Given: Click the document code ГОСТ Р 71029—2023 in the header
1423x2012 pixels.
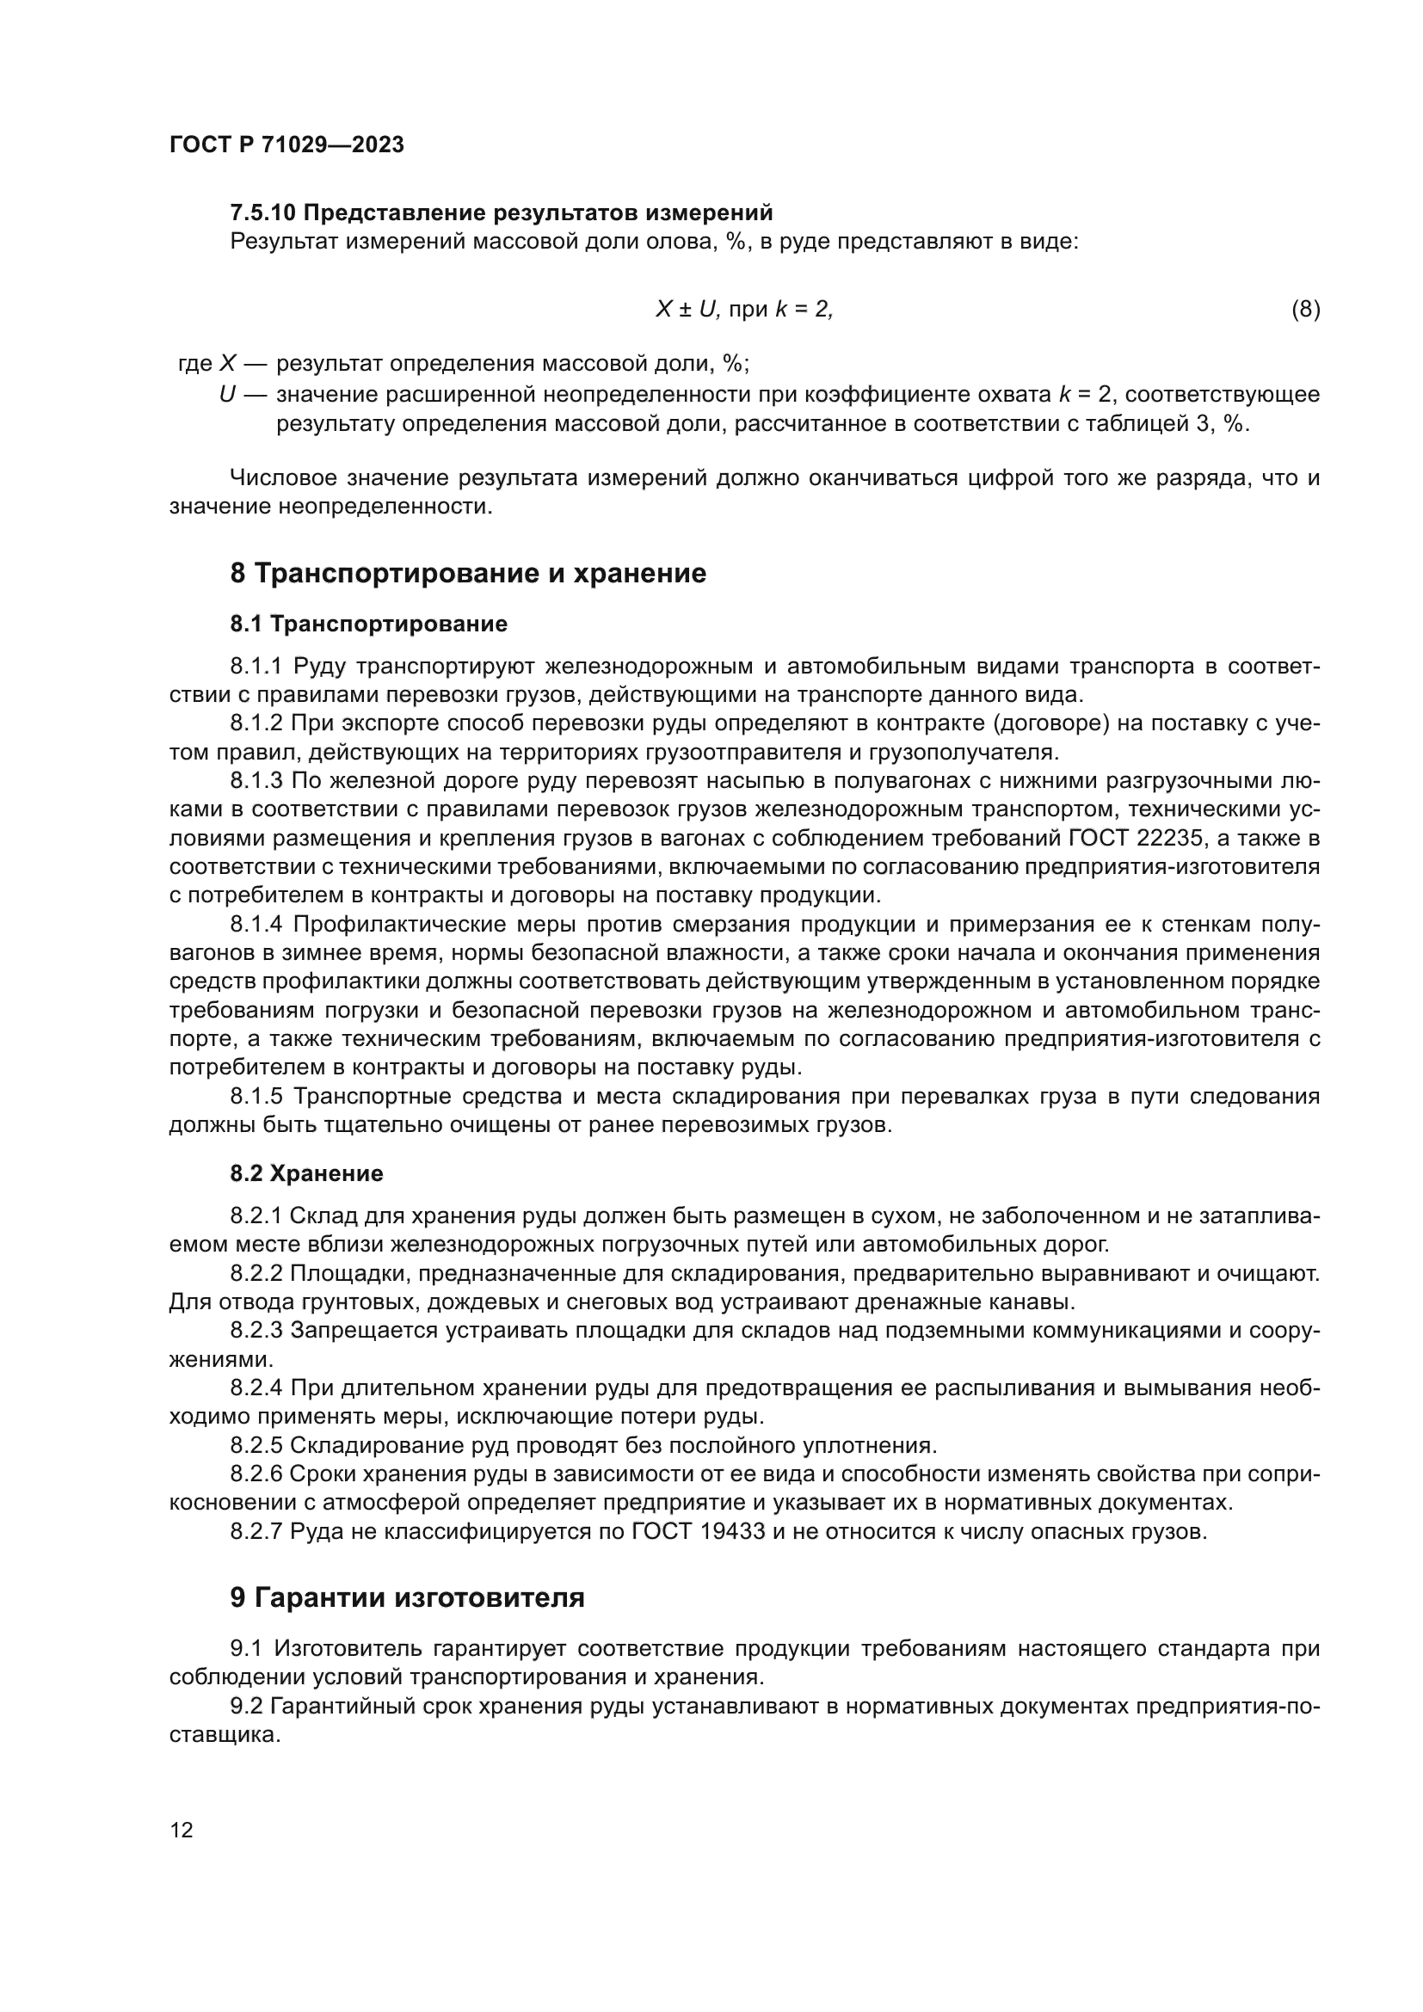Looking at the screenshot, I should [x=286, y=145].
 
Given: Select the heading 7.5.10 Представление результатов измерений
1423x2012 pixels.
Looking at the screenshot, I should [x=502, y=213].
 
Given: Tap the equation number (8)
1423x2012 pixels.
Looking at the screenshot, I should [x=1305, y=309].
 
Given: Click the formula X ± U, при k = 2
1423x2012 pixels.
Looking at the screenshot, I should [x=744, y=309].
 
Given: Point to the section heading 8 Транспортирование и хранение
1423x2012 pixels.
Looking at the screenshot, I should [x=468, y=573].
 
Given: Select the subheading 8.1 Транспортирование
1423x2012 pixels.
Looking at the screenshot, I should [x=369, y=624].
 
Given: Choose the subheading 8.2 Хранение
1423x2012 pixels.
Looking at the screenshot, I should [x=306, y=1173].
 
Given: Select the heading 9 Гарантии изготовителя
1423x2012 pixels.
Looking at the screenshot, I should [x=408, y=1597].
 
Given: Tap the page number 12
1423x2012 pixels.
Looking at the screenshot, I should [x=182, y=1830].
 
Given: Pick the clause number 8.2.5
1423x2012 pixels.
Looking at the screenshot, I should [x=256, y=1445].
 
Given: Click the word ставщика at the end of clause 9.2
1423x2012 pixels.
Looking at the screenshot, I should [x=225, y=1735].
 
